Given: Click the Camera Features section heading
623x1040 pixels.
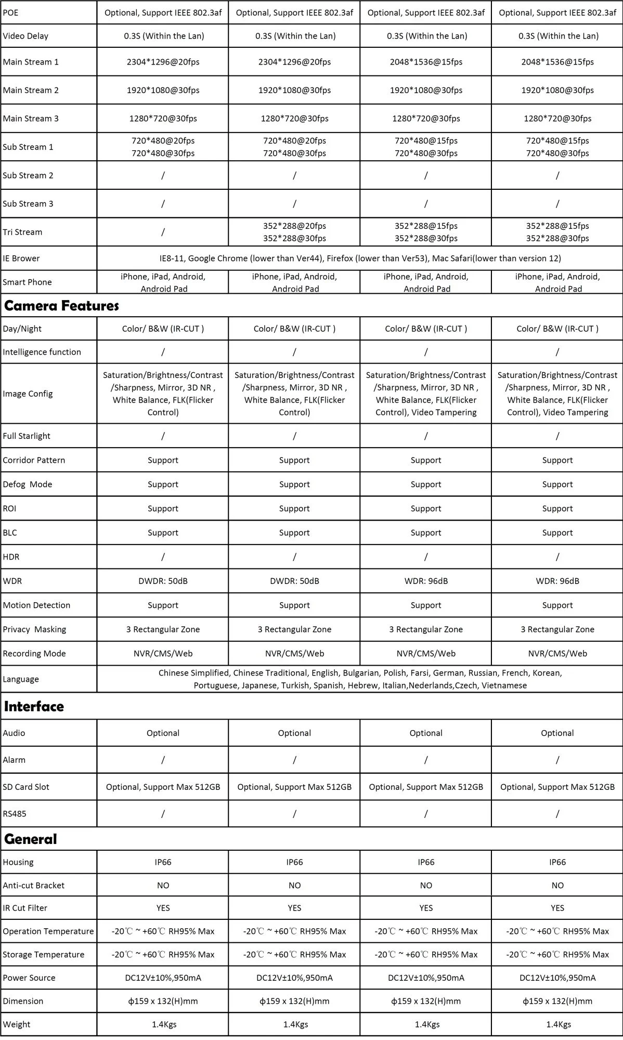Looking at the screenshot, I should click(61, 306).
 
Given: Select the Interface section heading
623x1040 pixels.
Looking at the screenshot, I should click(34, 706).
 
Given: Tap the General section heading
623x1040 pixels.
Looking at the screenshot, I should click(30, 839).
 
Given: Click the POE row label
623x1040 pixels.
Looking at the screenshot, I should click(10, 12).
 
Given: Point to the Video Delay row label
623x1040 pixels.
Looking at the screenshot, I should click(25, 36).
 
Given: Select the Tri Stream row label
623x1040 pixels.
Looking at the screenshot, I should click(22, 232).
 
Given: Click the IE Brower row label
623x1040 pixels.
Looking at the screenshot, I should click(21, 258).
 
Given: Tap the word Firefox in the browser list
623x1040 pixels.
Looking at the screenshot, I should click(340, 258).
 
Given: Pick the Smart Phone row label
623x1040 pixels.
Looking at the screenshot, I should click(27, 282).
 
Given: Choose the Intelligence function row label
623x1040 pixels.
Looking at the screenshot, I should click(42, 352).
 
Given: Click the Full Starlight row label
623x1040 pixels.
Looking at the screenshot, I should click(27, 436).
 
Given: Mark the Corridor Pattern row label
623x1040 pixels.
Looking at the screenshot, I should click(34, 460).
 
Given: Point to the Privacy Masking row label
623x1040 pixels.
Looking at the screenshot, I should click(34, 629).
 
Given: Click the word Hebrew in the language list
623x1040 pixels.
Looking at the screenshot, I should click(362, 685).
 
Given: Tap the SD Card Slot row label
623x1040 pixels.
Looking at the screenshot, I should click(26, 787).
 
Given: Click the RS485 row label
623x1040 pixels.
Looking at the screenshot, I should click(15, 814).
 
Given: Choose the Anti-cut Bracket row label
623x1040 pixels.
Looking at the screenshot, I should click(34, 885).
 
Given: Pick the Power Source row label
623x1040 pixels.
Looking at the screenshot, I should click(29, 978).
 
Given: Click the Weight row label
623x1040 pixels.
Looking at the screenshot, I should click(17, 1024).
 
